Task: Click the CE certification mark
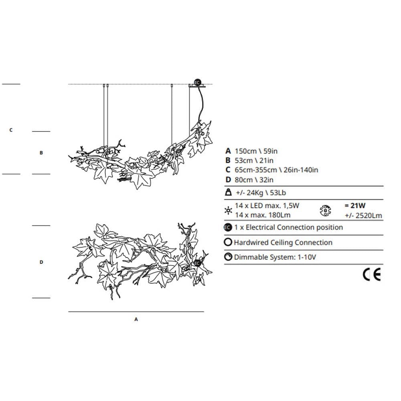pyautogui.click(x=372, y=274)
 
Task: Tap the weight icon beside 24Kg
pyautogui.click(x=228, y=192)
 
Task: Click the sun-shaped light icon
pyautogui.click(x=228, y=211)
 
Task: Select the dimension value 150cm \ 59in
pyautogui.click(x=256, y=151)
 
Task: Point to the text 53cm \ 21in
pyautogui.click(x=254, y=161)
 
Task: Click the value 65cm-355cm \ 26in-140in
pyautogui.click(x=276, y=170)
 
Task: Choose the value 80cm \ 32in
pyautogui.click(x=254, y=180)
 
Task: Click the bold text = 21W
pyautogui.click(x=355, y=206)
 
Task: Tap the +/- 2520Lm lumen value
pyautogui.click(x=363, y=216)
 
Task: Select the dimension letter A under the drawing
pyautogui.click(x=136, y=319)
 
